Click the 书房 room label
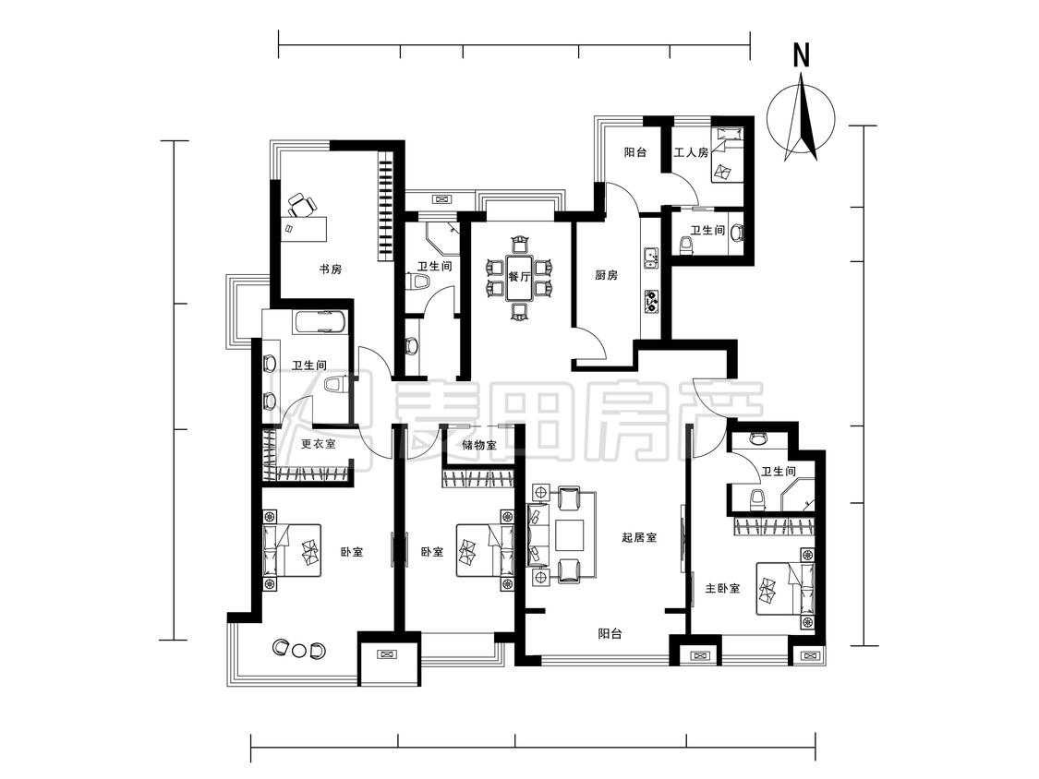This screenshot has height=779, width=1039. click(331, 270)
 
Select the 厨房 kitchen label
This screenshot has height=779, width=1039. click(606, 275)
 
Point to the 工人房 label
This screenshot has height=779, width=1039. click(691, 152)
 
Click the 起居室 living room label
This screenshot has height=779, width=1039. click(639, 537)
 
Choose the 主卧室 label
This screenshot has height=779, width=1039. click(722, 588)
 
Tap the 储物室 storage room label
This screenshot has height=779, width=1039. click(479, 445)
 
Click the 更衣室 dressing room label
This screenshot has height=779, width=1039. click(318, 444)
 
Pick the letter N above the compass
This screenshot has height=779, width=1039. click(802, 55)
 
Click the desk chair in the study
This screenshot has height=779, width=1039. click(300, 205)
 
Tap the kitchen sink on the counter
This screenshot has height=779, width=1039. click(651, 257)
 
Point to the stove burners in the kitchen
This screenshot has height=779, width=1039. click(651, 302)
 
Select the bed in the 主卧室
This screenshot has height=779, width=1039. click(785, 588)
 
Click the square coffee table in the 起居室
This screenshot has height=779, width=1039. click(569, 536)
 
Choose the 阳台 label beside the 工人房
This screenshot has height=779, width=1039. click(634, 152)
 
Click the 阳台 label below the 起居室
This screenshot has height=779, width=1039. click(610, 634)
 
